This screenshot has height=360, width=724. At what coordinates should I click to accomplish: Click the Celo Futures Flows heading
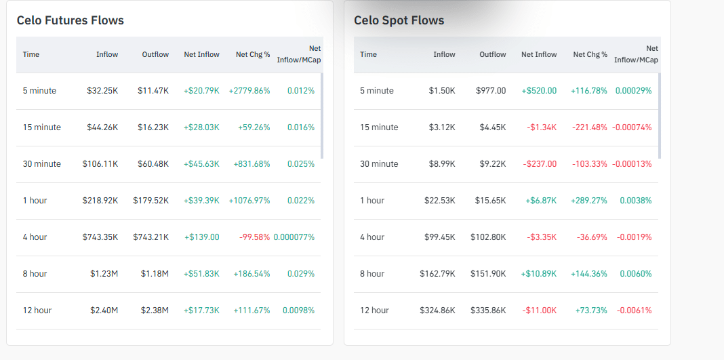tap(71, 20)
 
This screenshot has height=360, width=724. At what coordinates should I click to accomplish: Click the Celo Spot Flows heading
tap(399, 20)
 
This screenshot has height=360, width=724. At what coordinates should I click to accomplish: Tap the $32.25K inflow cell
tap(102, 91)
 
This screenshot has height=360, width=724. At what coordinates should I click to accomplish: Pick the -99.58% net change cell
tap(254, 237)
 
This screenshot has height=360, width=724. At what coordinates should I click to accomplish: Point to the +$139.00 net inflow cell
tap(202, 237)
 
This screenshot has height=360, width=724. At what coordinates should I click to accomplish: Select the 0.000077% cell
tap(294, 237)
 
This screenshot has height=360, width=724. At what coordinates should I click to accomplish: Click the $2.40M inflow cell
tap(104, 311)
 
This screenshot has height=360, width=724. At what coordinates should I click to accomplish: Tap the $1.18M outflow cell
tap(155, 274)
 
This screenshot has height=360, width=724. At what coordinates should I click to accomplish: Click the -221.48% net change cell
tap(589, 127)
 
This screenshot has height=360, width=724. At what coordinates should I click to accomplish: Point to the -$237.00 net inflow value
tap(540, 164)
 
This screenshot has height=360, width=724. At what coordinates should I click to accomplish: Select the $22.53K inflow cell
tap(439, 201)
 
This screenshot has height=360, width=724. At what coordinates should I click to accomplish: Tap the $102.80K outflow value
tap(487, 237)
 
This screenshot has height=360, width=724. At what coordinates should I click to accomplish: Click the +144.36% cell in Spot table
tap(589, 274)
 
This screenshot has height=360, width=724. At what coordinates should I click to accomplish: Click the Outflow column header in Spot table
tap(493, 54)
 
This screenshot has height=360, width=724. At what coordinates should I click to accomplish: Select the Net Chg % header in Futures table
tap(253, 54)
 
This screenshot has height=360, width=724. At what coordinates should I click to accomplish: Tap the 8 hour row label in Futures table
tap(35, 274)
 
